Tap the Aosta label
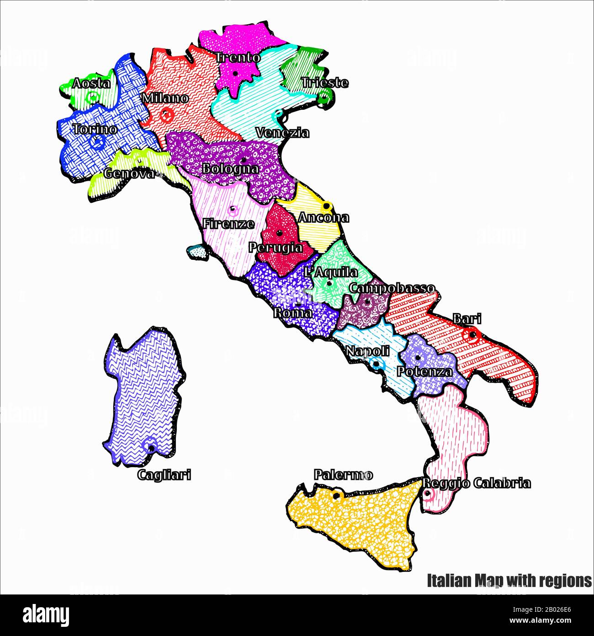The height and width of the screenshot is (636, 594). tap(91, 84)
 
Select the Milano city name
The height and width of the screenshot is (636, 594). tap(164, 98)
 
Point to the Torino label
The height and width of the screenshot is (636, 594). tap(95, 129)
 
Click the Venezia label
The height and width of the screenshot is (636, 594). tap(282, 133)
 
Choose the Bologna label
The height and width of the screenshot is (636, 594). tap(230, 169)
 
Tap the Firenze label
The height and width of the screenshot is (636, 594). tap(228, 224)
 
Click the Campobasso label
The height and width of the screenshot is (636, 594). tap(392, 288)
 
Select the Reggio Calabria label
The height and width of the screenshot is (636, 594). tap(476, 483)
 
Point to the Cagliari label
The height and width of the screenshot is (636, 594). tap(164, 475)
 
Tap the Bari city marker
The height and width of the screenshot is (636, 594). tap(472, 336)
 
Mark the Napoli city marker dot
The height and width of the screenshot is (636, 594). tap(376, 364)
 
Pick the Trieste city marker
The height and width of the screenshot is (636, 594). tap(324, 97)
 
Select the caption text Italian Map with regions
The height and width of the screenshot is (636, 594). tap(509, 581)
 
